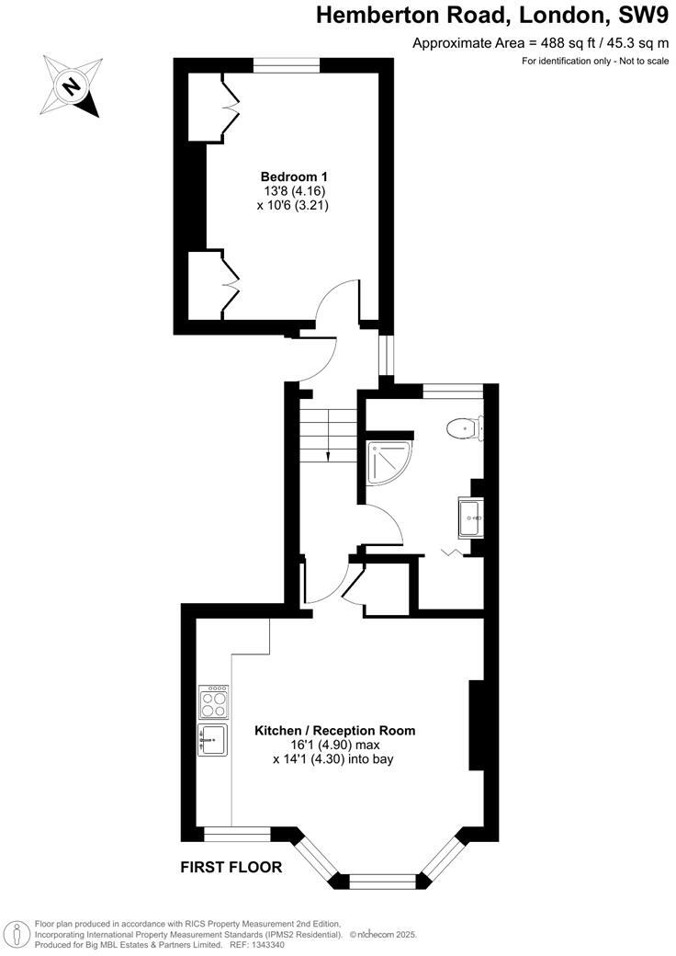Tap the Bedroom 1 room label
point(294,176)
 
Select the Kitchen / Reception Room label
point(334,731)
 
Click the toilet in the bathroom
point(464,428)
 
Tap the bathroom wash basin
point(471,519)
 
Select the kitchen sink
point(213,739)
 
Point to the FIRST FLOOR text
point(231,867)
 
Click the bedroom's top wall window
point(286,64)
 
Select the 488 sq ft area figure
point(543,42)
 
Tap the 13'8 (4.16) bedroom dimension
point(294,191)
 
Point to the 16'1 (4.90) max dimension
point(334,745)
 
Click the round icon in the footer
point(16,932)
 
